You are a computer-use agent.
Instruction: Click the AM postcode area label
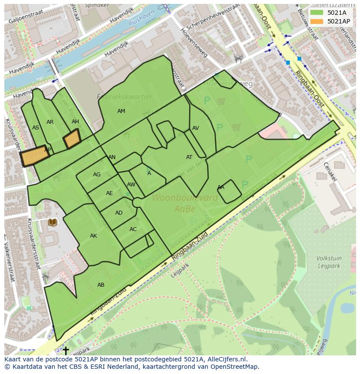pyautogui.click(x=121, y=111)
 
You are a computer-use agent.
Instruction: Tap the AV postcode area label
pyautogui.click(x=196, y=128)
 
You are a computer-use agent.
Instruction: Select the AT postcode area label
pyautogui.click(x=189, y=157)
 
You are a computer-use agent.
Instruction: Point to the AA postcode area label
pyautogui.click(x=221, y=187)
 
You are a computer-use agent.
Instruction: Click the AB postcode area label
pyautogui.click(x=101, y=285)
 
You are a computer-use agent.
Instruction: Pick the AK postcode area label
pyautogui.click(x=93, y=236)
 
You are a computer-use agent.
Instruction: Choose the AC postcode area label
pyautogui.click(x=133, y=229)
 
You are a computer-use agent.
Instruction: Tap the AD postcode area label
pyautogui.click(x=119, y=213)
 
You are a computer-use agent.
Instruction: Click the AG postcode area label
pyautogui.click(x=97, y=175)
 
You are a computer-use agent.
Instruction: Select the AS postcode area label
pyautogui.click(x=36, y=128)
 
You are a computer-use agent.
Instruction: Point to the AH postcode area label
pyautogui.click(x=75, y=122)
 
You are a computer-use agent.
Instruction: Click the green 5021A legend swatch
pyautogui.click(x=317, y=12)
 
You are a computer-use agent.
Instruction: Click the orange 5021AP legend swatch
pyautogui.click(x=317, y=21)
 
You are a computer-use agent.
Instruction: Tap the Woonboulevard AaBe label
pyautogui.click(x=184, y=203)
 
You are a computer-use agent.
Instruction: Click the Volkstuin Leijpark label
pyautogui.click(x=329, y=262)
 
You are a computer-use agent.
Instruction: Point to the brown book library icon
pyautogui.click(x=53, y=222)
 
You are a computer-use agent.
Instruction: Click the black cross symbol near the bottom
pyautogui.click(x=66, y=350)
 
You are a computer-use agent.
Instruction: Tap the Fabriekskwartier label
pyautogui.click(x=124, y=97)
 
